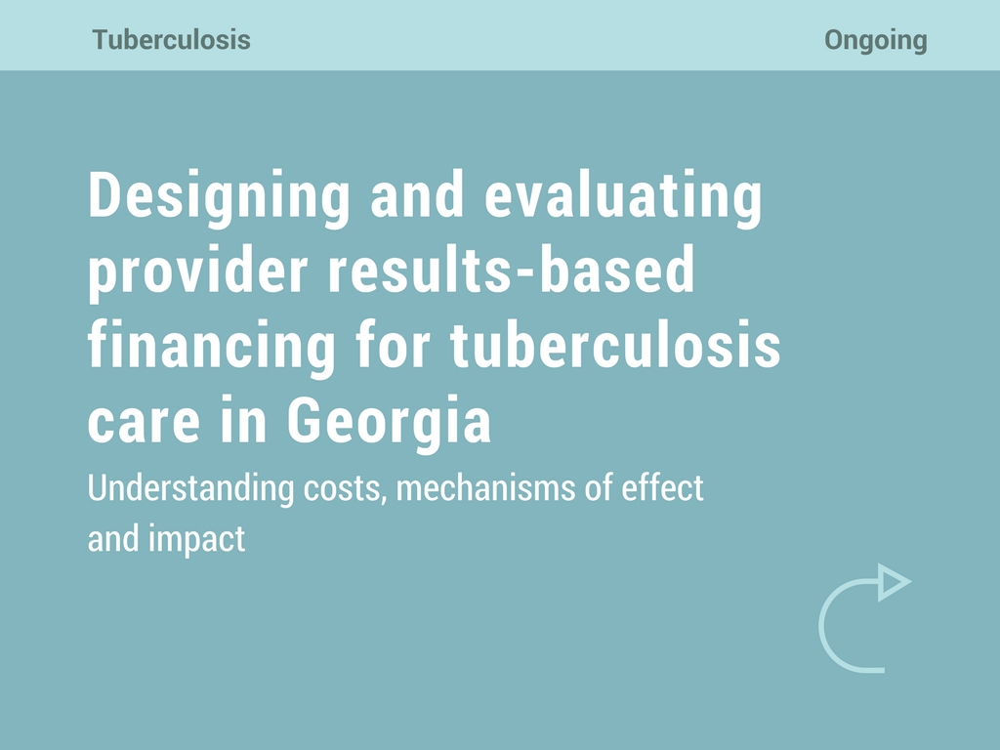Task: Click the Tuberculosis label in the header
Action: [171, 39]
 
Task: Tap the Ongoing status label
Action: [876, 40]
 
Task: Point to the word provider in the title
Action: [197, 271]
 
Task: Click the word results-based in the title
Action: [511, 269]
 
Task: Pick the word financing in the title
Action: [211, 347]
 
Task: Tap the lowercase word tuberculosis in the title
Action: [615, 345]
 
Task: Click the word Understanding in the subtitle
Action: [190, 489]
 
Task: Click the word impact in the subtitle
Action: [196, 540]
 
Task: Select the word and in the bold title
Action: [417, 195]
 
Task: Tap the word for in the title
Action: [393, 345]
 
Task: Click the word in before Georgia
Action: [243, 420]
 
